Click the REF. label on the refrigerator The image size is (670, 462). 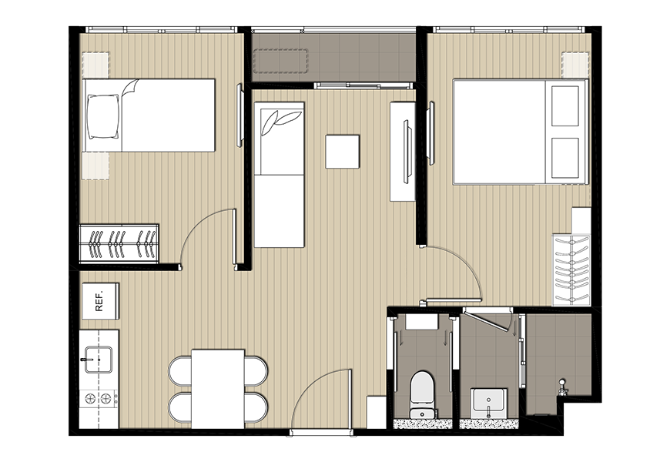pyautogui.click(x=99, y=301)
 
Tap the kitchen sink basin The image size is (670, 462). pyautogui.click(x=99, y=360)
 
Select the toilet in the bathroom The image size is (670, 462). pyautogui.click(x=422, y=394)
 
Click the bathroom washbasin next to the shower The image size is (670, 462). pyautogui.click(x=489, y=402)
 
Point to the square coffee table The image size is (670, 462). pyautogui.click(x=342, y=151)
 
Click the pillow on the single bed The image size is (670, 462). pyautogui.click(x=103, y=115)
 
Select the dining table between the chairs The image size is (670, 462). pyautogui.click(x=218, y=389)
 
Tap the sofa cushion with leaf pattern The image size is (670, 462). pyautogui.click(x=279, y=138)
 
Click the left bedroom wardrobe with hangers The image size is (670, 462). pyautogui.click(x=119, y=243)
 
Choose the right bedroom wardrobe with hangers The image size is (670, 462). pyautogui.click(x=571, y=270)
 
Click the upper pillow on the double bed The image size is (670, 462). pyautogui.click(x=565, y=106)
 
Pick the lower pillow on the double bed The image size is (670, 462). pyautogui.click(x=565, y=158)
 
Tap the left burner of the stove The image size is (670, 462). pyautogui.click(x=90, y=399)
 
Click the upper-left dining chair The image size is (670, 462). pyautogui.click(x=180, y=371)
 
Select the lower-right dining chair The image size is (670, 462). pyautogui.click(x=256, y=407)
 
